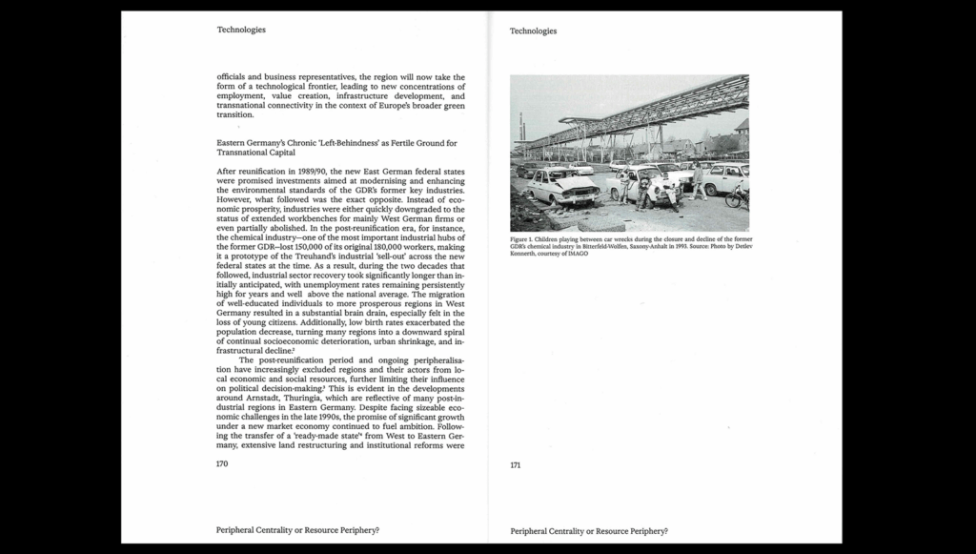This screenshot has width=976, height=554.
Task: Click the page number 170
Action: pos(222,463)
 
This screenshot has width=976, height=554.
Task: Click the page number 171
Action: pos(515,465)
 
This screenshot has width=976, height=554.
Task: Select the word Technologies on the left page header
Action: pos(241,30)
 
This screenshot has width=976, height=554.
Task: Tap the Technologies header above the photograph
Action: pos(533,31)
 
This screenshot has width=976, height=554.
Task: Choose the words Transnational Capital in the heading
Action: pos(255,153)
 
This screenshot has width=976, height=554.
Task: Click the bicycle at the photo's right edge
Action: pos(736,197)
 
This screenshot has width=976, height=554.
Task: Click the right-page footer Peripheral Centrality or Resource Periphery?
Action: pos(588,530)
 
